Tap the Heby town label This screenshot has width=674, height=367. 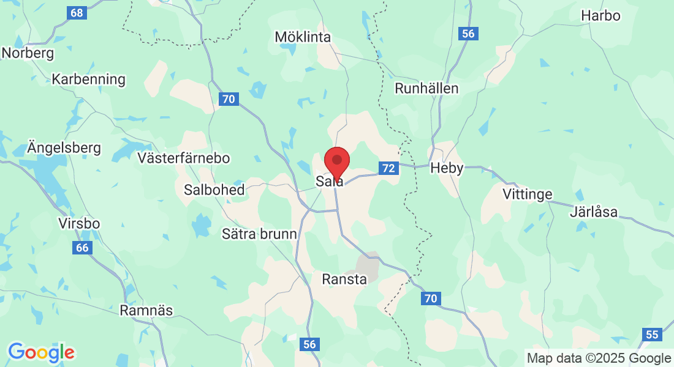pyautogui.click(x=447, y=168)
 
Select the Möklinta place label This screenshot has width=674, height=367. pyautogui.click(x=303, y=37)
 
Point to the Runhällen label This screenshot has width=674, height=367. pyautogui.click(x=426, y=88)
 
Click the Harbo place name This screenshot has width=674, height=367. pyautogui.click(x=600, y=16)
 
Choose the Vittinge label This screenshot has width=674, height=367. pyautogui.click(x=527, y=195)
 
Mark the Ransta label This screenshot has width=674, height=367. pyautogui.click(x=344, y=280)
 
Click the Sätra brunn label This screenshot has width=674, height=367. pyautogui.click(x=259, y=234)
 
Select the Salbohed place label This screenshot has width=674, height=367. pyautogui.click(x=214, y=190)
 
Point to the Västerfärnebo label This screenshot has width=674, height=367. pyautogui.click(x=184, y=158)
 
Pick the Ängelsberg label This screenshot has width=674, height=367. pyautogui.click(x=64, y=148)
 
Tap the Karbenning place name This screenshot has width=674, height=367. pyautogui.click(x=89, y=79)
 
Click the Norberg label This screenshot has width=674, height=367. pyautogui.click(x=28, y=53)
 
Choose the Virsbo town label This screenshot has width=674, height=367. pyautogui.click(x=79, y=223)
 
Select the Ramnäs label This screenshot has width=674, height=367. pyautogui.click(x=146, y=310)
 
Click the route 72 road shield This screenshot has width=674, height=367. pyautogui.click(x=388, y=168)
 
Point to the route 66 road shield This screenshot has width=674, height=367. pyautogui.click(x=82, y=248)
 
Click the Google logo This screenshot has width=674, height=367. pyautogui.click(x=41, y=352)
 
